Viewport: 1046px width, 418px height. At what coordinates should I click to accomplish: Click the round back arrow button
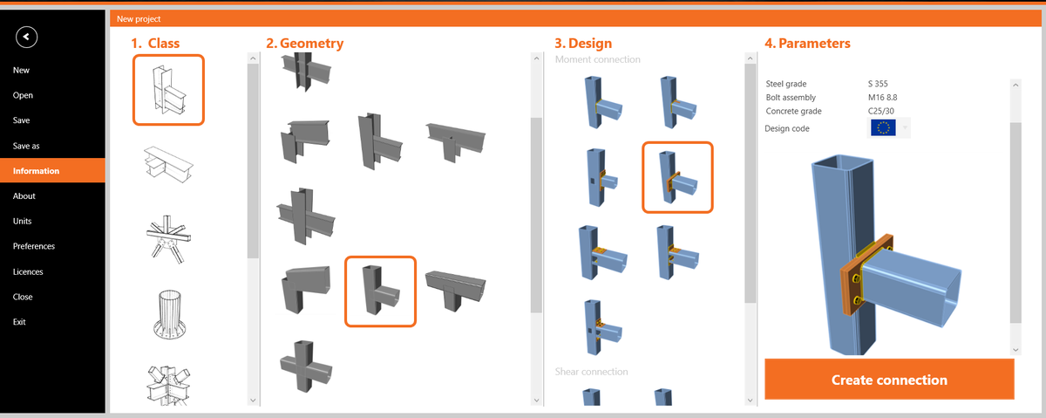pos(27,36)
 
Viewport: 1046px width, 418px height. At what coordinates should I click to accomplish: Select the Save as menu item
pos(26,146)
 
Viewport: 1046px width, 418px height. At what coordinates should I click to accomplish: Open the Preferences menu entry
pos(34,246)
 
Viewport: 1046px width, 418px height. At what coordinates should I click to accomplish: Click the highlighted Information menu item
pos(36,171)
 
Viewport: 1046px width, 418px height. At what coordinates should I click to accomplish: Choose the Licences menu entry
pos(28,271)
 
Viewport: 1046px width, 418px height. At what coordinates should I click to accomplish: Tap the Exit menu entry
pos(19,322)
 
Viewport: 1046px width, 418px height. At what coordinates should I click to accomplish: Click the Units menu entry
pos(23,221)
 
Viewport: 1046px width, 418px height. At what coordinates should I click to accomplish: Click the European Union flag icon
pos(883,128)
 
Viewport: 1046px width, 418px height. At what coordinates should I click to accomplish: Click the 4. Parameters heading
pos(807,43)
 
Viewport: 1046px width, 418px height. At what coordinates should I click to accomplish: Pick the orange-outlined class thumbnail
pos(168,90)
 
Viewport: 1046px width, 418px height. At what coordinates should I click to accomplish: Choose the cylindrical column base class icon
pos(169,312)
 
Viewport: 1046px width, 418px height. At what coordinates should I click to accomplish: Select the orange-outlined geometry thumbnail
pos(380,291)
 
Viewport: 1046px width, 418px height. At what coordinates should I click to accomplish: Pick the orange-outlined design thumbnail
pos(677,177)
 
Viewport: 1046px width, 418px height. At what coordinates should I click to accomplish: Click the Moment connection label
pos(598,59)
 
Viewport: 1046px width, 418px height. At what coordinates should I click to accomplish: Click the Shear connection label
pos(591,372)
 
